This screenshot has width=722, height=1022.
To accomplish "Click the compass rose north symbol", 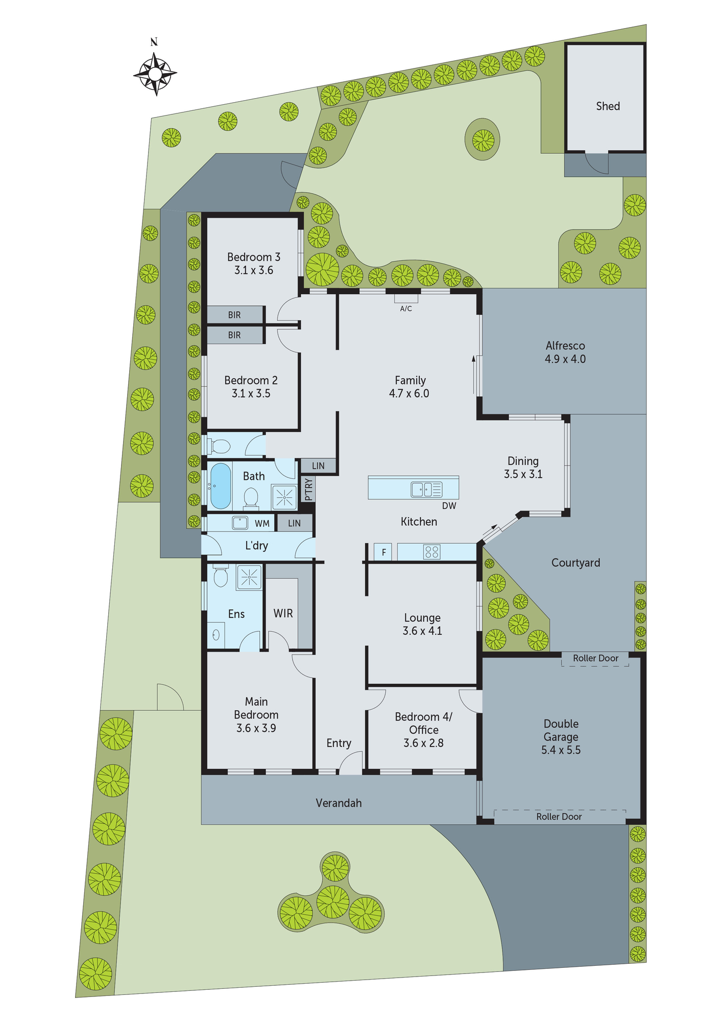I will (155, 73).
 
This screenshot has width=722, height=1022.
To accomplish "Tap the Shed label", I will (608, 106).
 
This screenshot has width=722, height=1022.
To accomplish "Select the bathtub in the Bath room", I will (221, 485).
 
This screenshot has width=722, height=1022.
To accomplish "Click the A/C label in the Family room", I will (406, 309).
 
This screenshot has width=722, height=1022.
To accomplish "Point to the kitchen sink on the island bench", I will (426, 490).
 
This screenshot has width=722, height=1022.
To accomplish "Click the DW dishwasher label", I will (449, 506).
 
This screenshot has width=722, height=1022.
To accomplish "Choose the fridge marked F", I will (383, 552).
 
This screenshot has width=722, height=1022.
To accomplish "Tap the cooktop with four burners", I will (431, 552).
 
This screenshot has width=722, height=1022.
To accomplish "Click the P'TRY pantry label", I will (308, 489).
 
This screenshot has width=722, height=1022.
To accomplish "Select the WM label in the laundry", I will (262, 523).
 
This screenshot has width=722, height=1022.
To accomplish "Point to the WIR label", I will (283, 613).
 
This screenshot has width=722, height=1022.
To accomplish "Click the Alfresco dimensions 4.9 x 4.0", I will (565, 359).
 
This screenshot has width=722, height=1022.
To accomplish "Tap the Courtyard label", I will (575, 563).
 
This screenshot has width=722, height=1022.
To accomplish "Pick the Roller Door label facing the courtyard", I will (595, 658).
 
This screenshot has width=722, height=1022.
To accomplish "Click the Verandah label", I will (339, 803).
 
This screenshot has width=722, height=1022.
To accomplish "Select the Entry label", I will (339, 743).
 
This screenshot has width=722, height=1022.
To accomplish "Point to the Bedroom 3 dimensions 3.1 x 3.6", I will (254, 270).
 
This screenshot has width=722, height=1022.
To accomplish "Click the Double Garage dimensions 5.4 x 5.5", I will (561, 750).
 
